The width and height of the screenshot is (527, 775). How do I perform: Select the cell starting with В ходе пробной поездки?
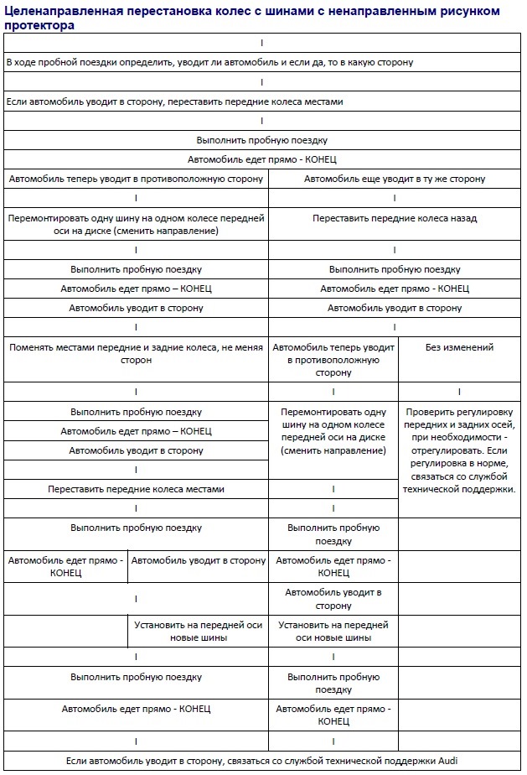pyautogui.click(x=209, y=63)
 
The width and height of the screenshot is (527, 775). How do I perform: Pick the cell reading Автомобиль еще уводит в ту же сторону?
pyautogui.click(x=394, y=179)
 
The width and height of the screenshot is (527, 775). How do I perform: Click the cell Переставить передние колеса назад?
pyautogui.click(x=394, y=218)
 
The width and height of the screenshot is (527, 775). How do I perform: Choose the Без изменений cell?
pyautogui.click(x=459, y=347)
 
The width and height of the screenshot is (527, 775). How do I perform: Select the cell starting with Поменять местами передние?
pyautogui.click(x=136, y=353)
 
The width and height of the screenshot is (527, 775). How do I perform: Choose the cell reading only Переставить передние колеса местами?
pyautogui.click(x=136, y=489)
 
